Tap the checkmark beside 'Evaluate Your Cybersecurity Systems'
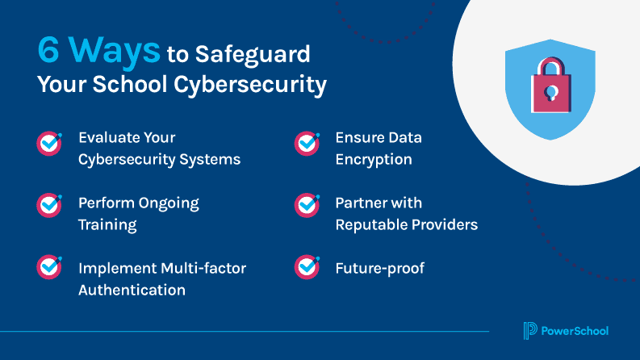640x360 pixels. click(49, 144)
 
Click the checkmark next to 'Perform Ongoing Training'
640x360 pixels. click(49, 205)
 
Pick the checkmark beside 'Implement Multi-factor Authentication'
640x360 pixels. click(49, 266)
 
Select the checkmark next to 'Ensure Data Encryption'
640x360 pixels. click(307, 144)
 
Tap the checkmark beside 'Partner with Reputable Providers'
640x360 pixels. click(307, 205)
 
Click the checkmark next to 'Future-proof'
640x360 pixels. click(307, 266)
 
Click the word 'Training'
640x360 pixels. click(107, 224)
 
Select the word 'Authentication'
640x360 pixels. click(132, 290)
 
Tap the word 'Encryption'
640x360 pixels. click(374, 159)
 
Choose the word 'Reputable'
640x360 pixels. click(372, 224)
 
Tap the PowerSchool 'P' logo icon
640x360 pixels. click(529, 331)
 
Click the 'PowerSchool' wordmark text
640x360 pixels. click(575, 331)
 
